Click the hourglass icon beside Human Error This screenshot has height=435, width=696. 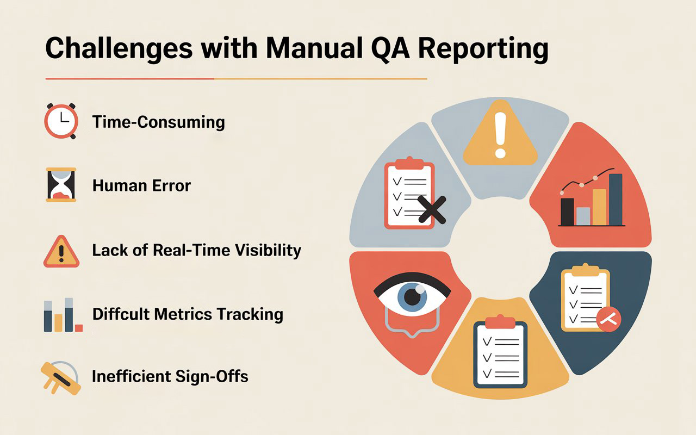61,185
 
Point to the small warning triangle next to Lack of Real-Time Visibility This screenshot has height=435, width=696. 61,252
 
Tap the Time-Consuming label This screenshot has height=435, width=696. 158,122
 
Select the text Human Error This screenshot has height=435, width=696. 141,185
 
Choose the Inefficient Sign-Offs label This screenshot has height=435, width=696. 170,376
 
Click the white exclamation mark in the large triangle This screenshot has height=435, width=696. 500,136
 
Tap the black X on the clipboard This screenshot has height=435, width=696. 432,210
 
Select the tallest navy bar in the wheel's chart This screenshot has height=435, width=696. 616,200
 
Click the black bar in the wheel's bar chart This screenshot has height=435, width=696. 567,212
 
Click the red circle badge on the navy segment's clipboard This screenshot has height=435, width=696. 608,319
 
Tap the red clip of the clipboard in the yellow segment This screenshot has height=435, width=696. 500,323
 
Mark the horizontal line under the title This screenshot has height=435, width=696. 236,79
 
